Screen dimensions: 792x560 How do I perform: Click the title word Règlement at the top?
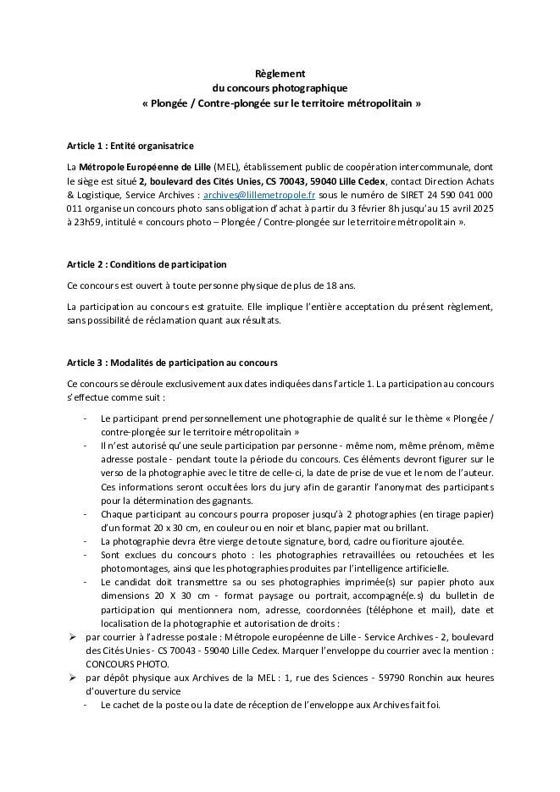point(280,74)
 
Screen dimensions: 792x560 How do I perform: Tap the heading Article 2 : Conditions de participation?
point(147,264)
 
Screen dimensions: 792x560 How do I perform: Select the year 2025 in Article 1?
point(479,208)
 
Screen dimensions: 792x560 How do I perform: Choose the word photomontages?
point(128,568)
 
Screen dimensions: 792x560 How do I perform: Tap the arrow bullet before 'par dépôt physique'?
point(73,678)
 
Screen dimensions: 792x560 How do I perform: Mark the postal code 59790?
point(348,678)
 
